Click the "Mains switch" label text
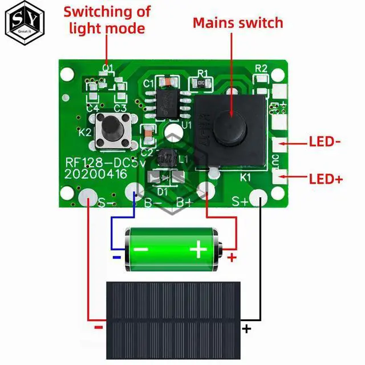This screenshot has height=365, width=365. [237, 23]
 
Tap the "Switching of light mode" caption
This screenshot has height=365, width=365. [107, 19]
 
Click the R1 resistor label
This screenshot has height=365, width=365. [202, 74]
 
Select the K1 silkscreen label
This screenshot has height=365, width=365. [246, 177]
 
